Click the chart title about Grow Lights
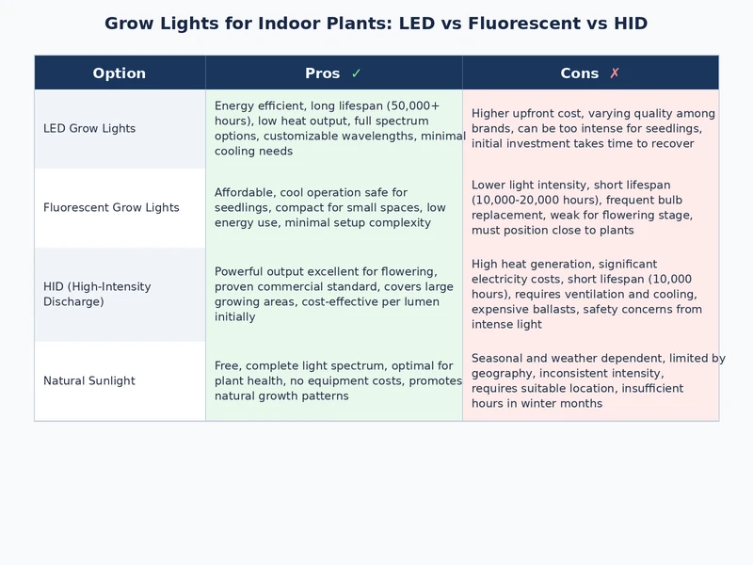pyautogui.click(x=376, y=24)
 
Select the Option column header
pyautogui.click(x=120, y=73)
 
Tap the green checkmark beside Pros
pyautogui.click(x=356, y=73)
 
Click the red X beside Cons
pyautogui.click(x=615, y=73)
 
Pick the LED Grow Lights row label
pyautogui.click(x=89, y=129)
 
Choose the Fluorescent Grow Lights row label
pyautogui.click(x=111, y=208)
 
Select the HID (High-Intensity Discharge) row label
pyautogui.click(x=97, y=295)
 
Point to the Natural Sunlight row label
pyautogui.click(x=89, y=381)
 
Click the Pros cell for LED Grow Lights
pyautogui.click(x=334, y=129)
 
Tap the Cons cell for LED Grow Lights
pyautogui.click(x=591, y=129)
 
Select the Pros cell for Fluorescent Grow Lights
pyautogui.click(x=334, y=208)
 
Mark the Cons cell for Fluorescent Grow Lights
pyautogui.click(x=591, y=208)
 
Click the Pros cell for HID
pyautogui.click(x=334, y=295)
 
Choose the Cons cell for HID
pyautogui.click(x=591, y=295)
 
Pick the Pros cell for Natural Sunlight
pyautogui.click(x=334, y=381)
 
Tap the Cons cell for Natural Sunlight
pyautogui.click(x=591, y=381)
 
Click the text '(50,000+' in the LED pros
pyautogui.click(x=413, y=106)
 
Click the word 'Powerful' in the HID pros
pyautogui.click(x=240, y=272)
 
